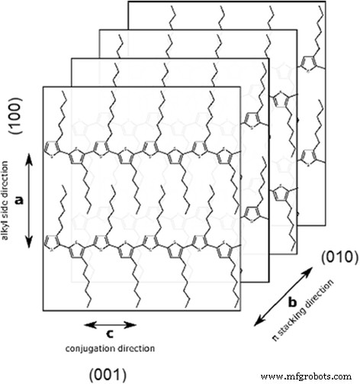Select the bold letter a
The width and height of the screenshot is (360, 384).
click(x=21, y=197)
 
